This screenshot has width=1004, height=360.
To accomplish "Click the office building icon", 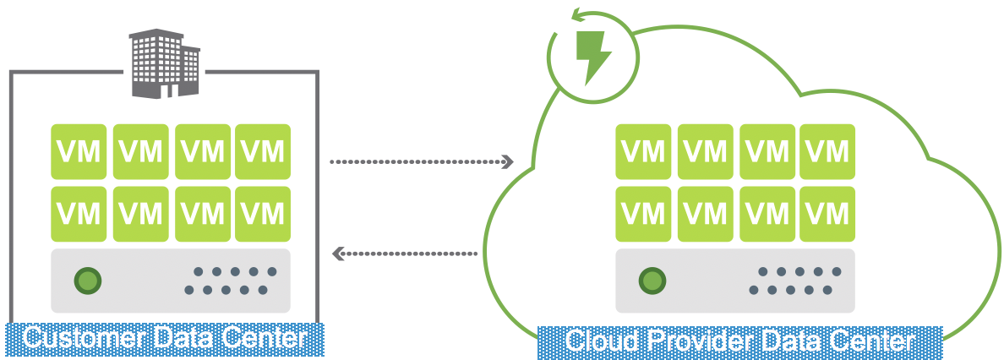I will coord(165,63).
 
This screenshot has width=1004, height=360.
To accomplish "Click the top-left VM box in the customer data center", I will coord(79,152).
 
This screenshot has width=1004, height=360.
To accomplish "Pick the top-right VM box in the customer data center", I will coord(262,152).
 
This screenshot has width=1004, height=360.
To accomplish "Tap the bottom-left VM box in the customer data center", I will coord(79,214).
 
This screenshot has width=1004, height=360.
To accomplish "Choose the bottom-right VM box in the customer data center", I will coord(262,214).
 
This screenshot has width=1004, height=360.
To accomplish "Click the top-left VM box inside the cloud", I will coord(643,152).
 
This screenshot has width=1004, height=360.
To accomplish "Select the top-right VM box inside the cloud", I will coord(827,152).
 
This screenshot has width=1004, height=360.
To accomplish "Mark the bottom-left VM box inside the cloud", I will coord(643,214).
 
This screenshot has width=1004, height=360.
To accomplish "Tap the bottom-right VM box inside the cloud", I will coord(827,214).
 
